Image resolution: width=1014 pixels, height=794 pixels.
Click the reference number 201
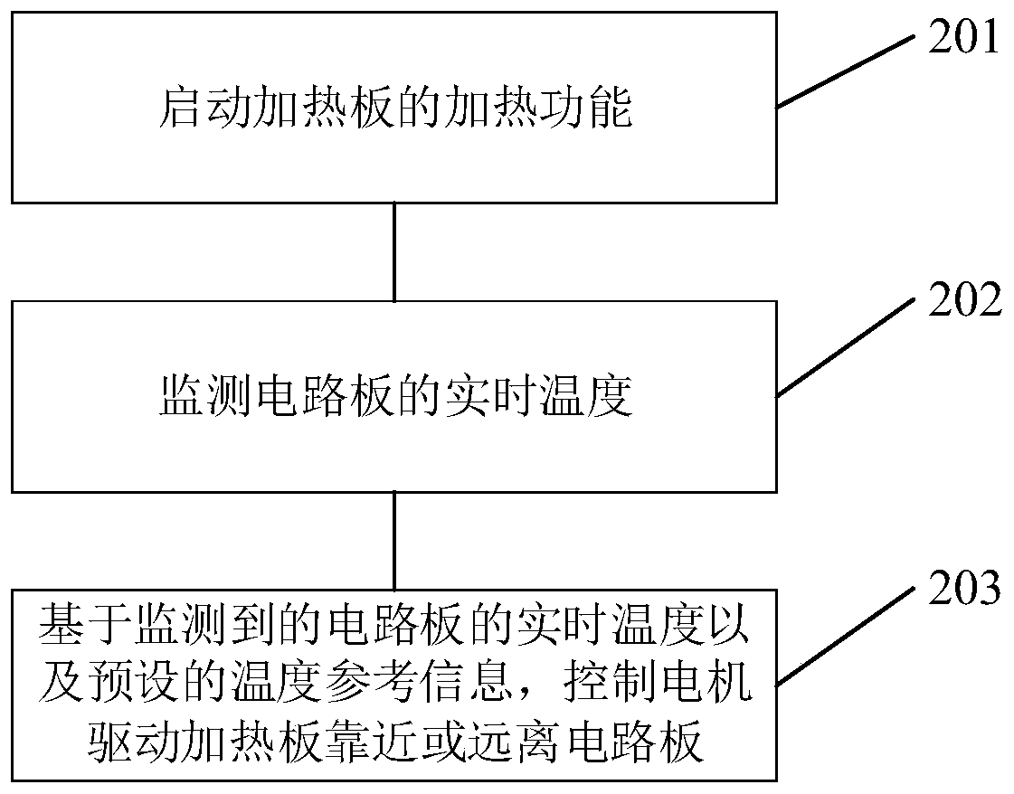click(963, 40)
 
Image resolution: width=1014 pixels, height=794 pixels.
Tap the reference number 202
click(963, 302)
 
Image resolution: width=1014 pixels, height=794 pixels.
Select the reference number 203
click(963, 589)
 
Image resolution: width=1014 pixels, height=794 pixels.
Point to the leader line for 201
click(846, 71)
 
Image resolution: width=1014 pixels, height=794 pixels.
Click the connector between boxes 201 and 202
click(394, 251)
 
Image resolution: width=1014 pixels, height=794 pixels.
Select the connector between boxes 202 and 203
click(394, 540)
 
